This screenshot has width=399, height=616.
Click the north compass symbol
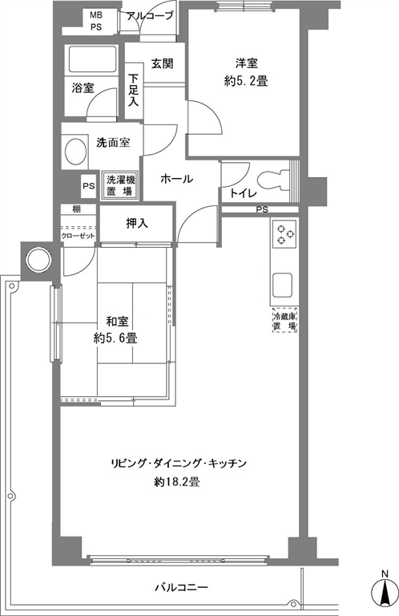point(385,594)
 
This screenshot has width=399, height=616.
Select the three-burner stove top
point(284,234)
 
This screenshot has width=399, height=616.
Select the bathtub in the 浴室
point(93,59)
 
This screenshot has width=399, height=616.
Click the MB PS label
point(96,21)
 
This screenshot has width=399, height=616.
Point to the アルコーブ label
point(151,16)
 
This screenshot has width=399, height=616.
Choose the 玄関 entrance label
point(162,63)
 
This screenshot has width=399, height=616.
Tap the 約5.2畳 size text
point(246,81)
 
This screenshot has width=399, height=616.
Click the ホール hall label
point(177,179)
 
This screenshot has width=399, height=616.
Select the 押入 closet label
point(137,224)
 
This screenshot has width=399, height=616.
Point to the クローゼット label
point(78,236)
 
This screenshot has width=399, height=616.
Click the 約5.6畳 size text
point(115,338)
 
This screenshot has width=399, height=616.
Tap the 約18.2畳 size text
point(177,481)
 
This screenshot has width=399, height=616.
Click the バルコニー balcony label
point(181,588)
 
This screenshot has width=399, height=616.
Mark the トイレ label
point(244,193)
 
